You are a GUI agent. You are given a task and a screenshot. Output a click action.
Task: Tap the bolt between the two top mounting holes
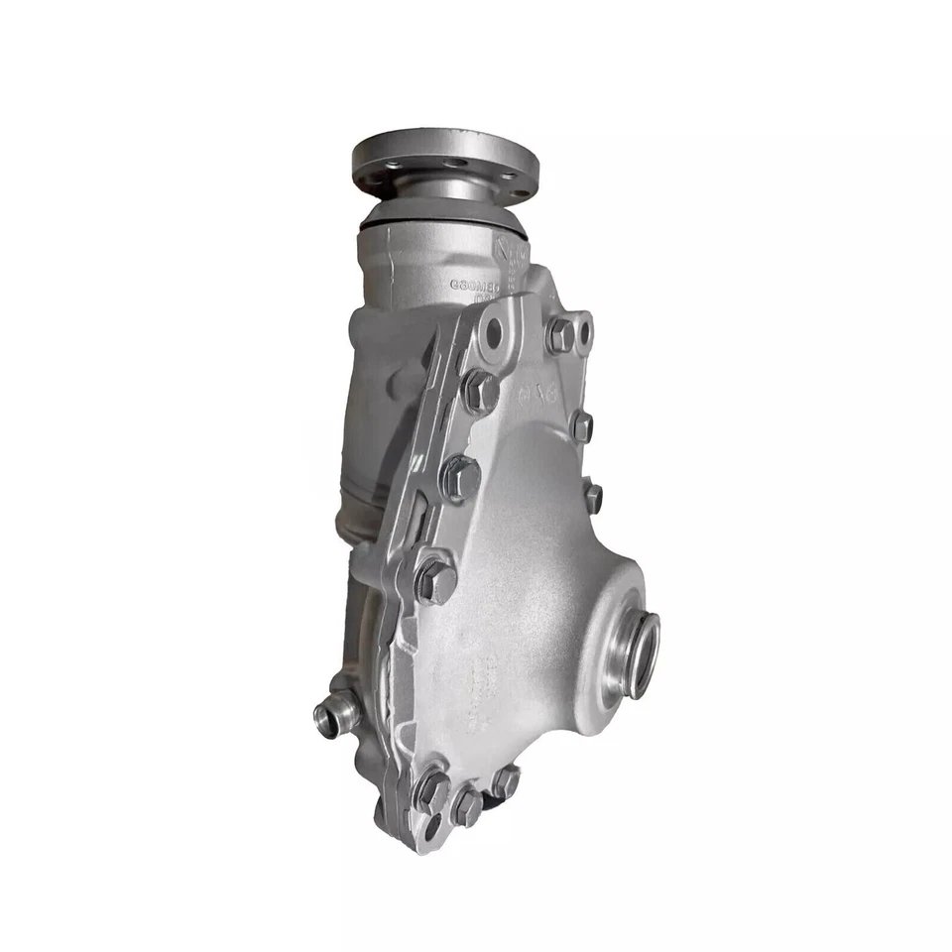(x=560, y=335)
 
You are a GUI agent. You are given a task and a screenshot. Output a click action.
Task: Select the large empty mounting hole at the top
(x=493, y=333)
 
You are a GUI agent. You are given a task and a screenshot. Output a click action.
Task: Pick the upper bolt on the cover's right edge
(x=581, y=426)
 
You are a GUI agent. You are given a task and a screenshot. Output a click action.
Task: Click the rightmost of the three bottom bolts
(x=505, y=782)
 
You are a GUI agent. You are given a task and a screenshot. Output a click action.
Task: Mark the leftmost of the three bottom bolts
(x=431, y=790)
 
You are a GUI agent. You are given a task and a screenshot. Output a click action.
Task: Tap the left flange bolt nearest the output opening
(x=436, y=580)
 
